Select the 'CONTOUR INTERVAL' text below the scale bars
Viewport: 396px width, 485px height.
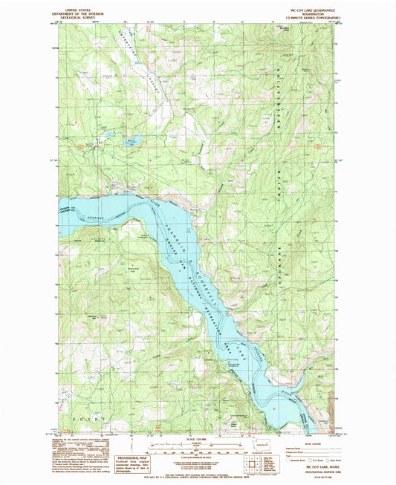(x=195, y=461)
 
